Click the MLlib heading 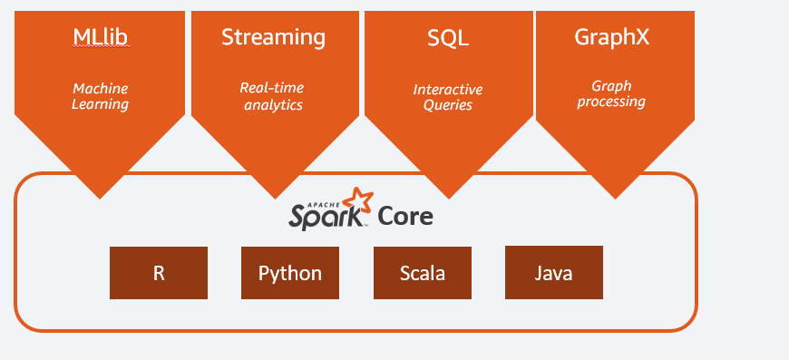[x=100, y=38]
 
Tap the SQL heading [x=447, y=38]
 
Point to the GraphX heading [x=612, y=37]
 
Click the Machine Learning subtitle [x=100, y=96]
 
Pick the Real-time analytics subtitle [x=272, y=96]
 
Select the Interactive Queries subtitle [x=448, y=97]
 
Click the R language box [x=159, y=273]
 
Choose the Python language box [x=290, y=273]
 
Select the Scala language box [x=423, y=273]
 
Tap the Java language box [x=553, y=272]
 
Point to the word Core [x=405, y=217]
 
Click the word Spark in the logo [x=327, y=218]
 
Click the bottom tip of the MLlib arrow [x=100, y=196]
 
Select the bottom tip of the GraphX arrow [x=616, y=196]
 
